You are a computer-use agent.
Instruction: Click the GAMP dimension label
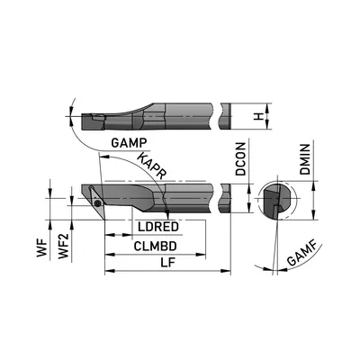129,142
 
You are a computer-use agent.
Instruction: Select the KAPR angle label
153,166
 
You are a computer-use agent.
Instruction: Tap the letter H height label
257,116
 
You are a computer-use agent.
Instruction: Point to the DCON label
240,159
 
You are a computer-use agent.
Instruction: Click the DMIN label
305,159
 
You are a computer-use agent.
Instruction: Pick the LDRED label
158,227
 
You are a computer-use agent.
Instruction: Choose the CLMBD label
155,246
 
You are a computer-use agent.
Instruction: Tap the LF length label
167,263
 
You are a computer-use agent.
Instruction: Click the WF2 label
64,246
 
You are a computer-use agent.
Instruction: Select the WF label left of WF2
42,248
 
